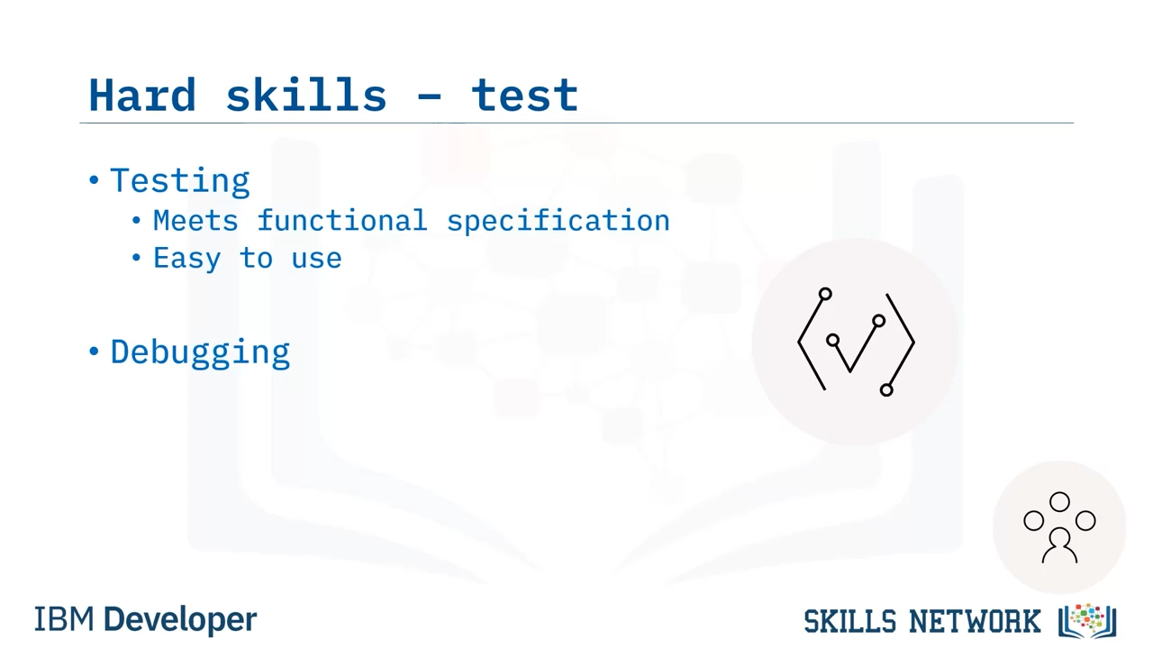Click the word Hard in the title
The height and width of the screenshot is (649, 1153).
(142, 95)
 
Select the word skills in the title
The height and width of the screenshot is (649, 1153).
(306, 95)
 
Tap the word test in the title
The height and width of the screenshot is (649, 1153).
(525, 96)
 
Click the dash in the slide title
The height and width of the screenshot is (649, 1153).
(430, 96)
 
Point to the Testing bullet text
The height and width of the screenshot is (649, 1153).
(180, 181)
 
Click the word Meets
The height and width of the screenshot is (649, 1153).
(195, 221)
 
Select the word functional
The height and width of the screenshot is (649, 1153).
(342, 221)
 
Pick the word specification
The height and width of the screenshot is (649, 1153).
(558, 222)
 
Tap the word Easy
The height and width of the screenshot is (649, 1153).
(186, 259)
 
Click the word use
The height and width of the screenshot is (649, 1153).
(316, 260)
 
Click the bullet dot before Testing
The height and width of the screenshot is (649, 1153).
(94, 180)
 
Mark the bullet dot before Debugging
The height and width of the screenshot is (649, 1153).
(94, 352)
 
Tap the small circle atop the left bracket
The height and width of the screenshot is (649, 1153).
(825, 294)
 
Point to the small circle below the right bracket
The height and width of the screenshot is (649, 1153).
(886, 390)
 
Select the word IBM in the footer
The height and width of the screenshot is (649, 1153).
(64, 619)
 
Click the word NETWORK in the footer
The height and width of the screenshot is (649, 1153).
(975, 621)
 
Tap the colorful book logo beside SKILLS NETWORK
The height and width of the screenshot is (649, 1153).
(1087, 621)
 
